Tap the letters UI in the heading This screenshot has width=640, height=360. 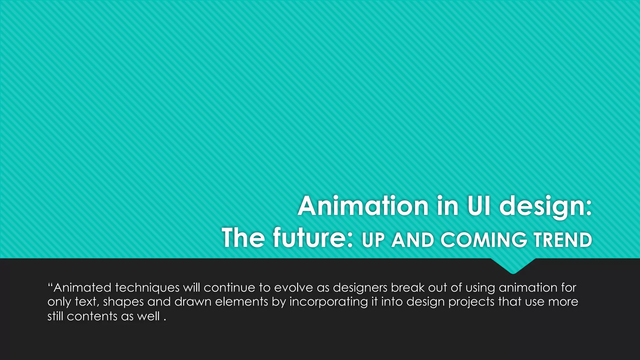(x=479, y=206)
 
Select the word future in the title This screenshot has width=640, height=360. (x=313, y=238)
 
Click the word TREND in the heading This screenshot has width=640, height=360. (x=562, y=240)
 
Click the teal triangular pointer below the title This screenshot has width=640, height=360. (x=513, y=266)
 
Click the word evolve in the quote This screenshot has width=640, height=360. (x=293, y=287)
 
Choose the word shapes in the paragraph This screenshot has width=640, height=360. (x=123, y=302)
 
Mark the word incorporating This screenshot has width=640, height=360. (x=328, y=302)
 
